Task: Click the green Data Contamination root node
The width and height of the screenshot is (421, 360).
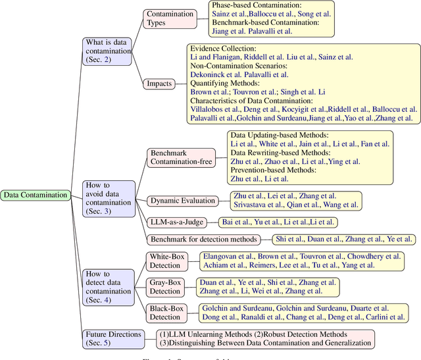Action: pyautogui.click(x=36, y=195)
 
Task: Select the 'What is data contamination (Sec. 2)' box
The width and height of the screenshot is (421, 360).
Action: pyautogui.click(x=108, y=51)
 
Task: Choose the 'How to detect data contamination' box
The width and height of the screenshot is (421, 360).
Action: pyautogui.click(x=108, y=286)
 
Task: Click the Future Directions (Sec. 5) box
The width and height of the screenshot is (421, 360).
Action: pyautogui.click(x=112, y=338)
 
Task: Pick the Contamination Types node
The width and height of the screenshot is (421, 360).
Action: pyautogui.click(x=170, y=18)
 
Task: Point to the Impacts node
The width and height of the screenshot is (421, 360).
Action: pyautogui.click(x=160, y=84)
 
